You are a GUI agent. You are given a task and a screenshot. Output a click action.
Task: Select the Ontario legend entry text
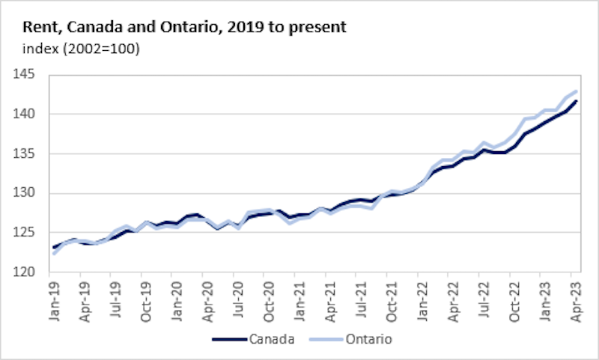pos(368,339)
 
